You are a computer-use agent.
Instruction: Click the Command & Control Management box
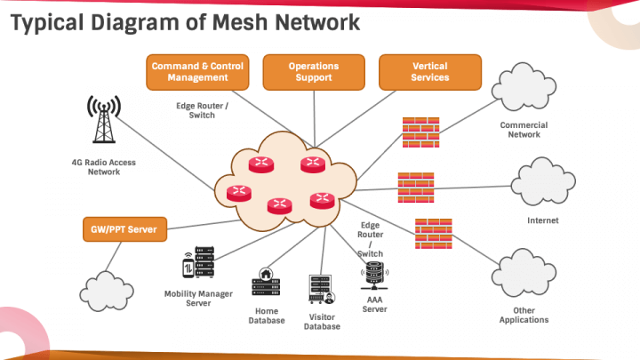[196, 72]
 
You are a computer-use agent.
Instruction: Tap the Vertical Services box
[429, 72]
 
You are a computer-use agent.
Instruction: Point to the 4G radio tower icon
[104, 120]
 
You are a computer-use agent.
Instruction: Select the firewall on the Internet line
[415, 186]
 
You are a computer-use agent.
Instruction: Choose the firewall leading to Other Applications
[432, 232]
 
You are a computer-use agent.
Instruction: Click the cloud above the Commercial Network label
[524, 89]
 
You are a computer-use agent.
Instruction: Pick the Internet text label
[542, 220]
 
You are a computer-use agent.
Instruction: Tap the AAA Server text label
[374, 305]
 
